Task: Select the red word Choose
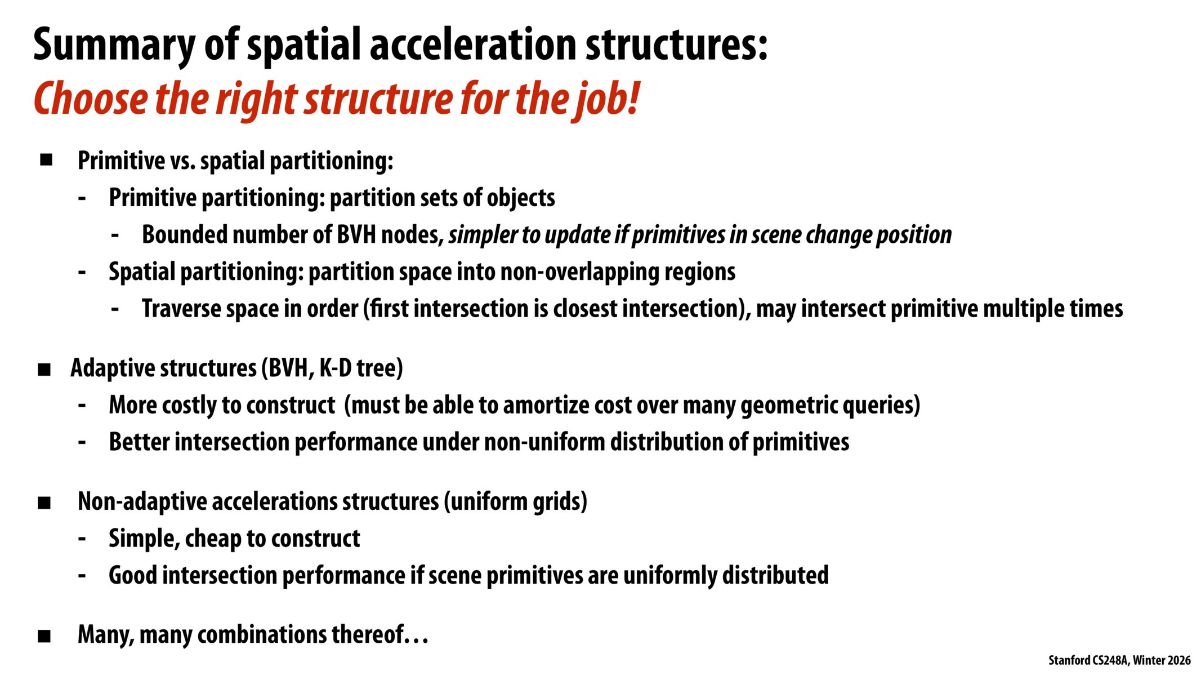coord(90,99)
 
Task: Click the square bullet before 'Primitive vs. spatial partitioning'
coord(46,160)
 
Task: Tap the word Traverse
coord(180,309)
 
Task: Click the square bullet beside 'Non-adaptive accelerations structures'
coord(44,502)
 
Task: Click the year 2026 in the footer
coord(1179,660)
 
